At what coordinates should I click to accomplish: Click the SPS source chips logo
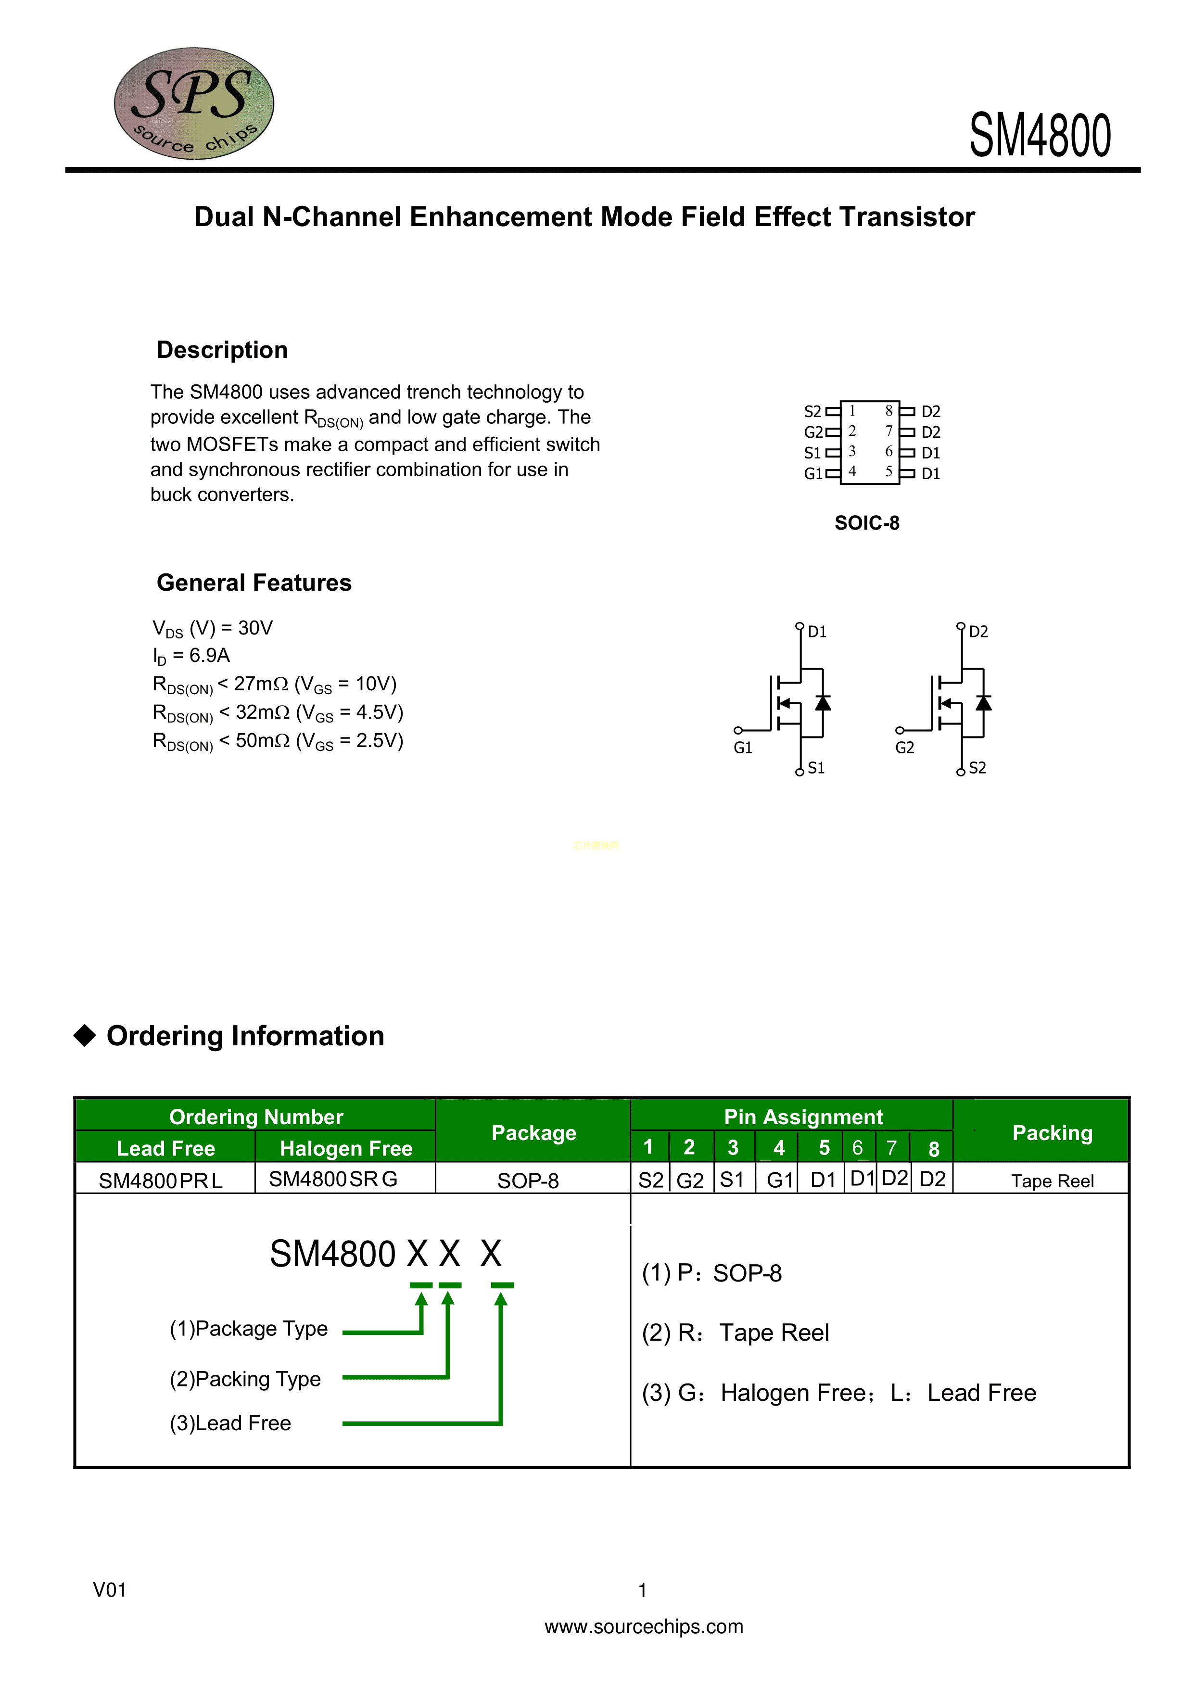tap(193, 103)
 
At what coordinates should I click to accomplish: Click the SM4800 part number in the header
tap(1040, 136)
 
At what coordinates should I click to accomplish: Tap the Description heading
tap(222, 350)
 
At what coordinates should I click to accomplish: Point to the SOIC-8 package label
tap(867, 523)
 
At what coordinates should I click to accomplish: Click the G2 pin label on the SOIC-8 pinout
tap(813, 432)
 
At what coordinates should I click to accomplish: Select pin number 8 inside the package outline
tap(888, 410)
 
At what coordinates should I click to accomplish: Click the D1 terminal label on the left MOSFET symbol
tap(817, 632)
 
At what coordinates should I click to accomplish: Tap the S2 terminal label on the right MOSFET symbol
tap(977, 768)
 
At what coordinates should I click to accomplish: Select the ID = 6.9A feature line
tap(191, 655)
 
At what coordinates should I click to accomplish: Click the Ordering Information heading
tap(245, 1036)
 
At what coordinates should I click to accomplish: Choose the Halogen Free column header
tap(346, 1148)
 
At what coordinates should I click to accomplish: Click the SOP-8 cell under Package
tap(528, 1180)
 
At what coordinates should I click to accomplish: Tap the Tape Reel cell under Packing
tap(1052, 1180)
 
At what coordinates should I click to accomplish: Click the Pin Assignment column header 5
tap(824, 1148)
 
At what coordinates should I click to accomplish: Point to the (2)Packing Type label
tap(245, 1379)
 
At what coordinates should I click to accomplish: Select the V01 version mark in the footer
tap(110, 1590)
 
